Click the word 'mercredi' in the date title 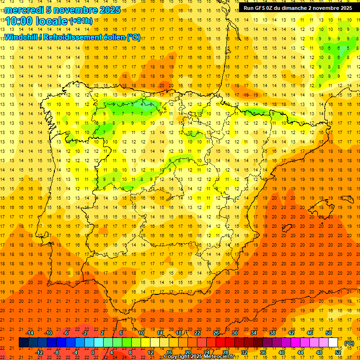tap(24, 10)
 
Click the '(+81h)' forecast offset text tap(81, 21)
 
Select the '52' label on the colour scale tap(338, 352)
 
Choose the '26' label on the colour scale tap(216, 333)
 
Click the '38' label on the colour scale tap(272, 333)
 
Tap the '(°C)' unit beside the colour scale tap(349, 343)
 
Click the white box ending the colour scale tap(333, 343)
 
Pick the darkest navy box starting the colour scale tap(23, 343)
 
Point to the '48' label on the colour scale tap(319, 352)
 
